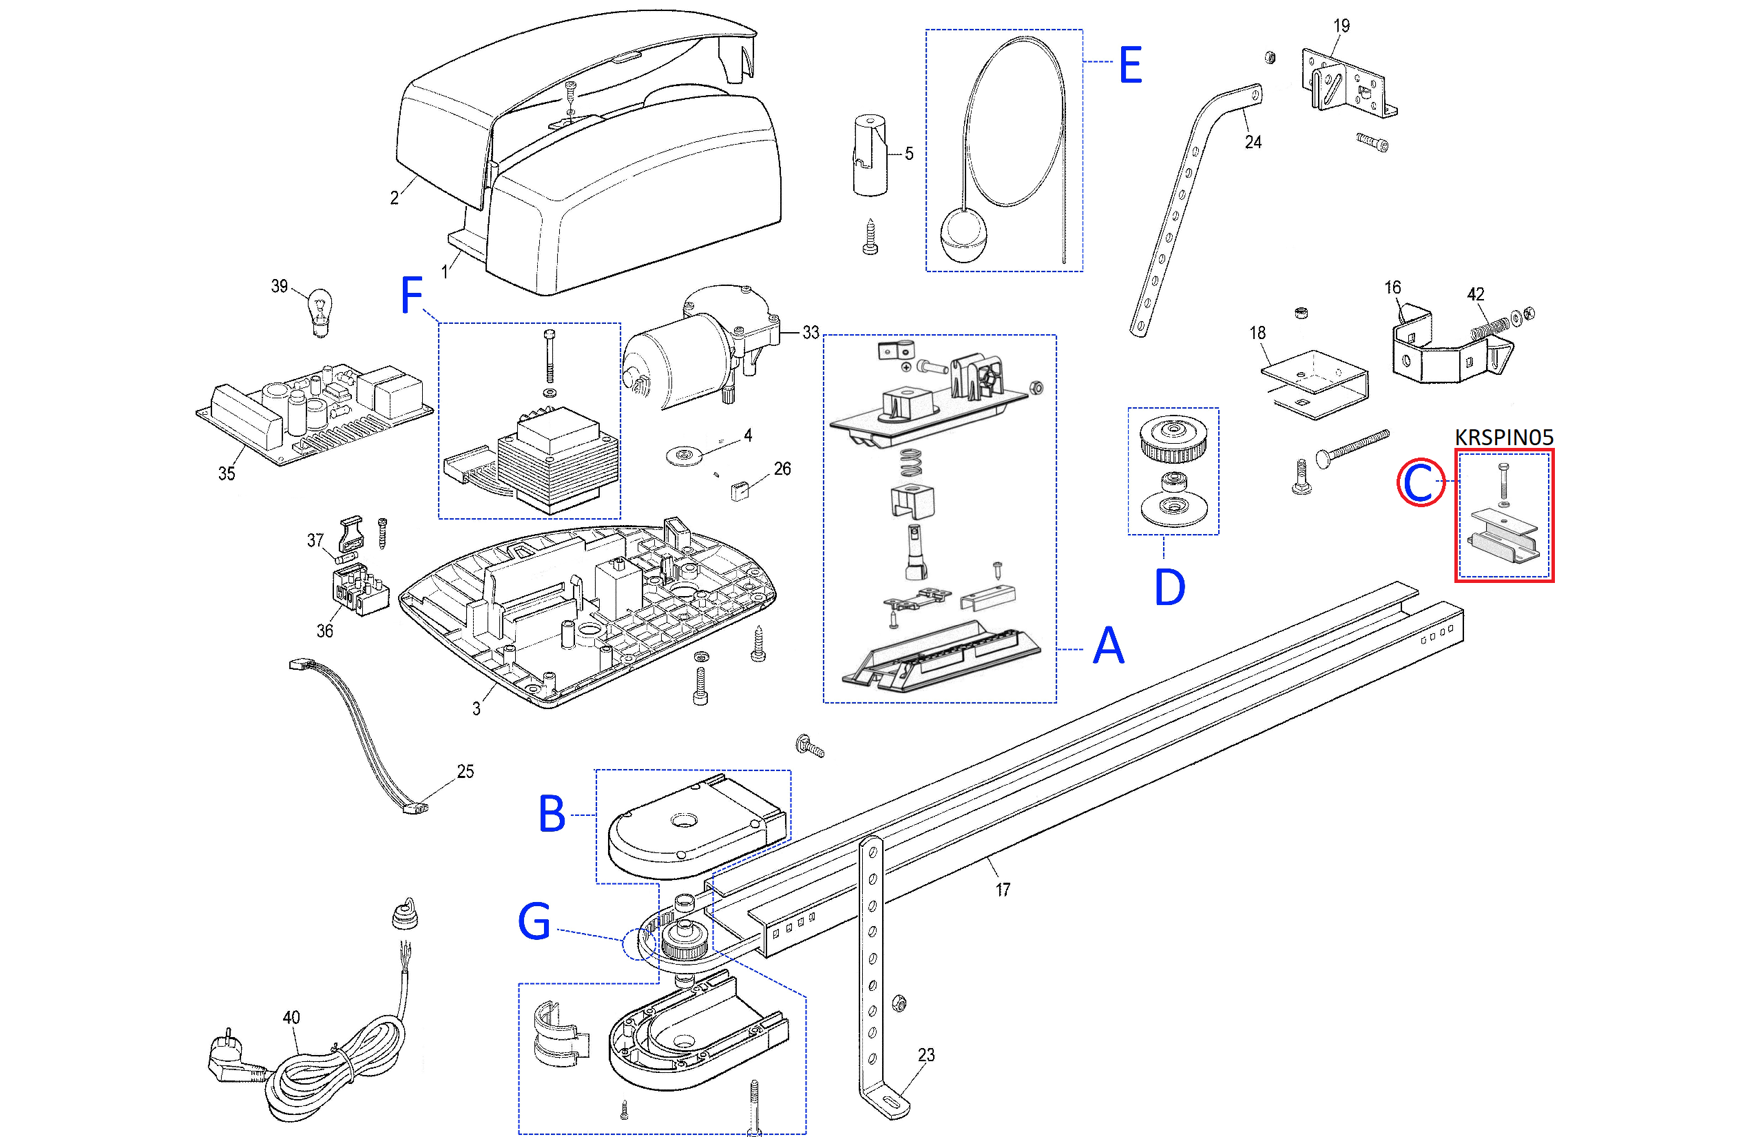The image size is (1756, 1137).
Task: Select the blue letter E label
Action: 1130,65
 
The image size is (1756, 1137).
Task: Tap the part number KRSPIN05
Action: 1504,437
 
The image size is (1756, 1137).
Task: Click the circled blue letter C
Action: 1419,483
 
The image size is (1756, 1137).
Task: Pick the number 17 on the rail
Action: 1003,890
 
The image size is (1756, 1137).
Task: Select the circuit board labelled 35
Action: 313,417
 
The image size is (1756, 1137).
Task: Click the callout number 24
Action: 1253,142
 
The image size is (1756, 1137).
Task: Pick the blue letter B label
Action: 552,815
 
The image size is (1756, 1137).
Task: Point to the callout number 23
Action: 926,1055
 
